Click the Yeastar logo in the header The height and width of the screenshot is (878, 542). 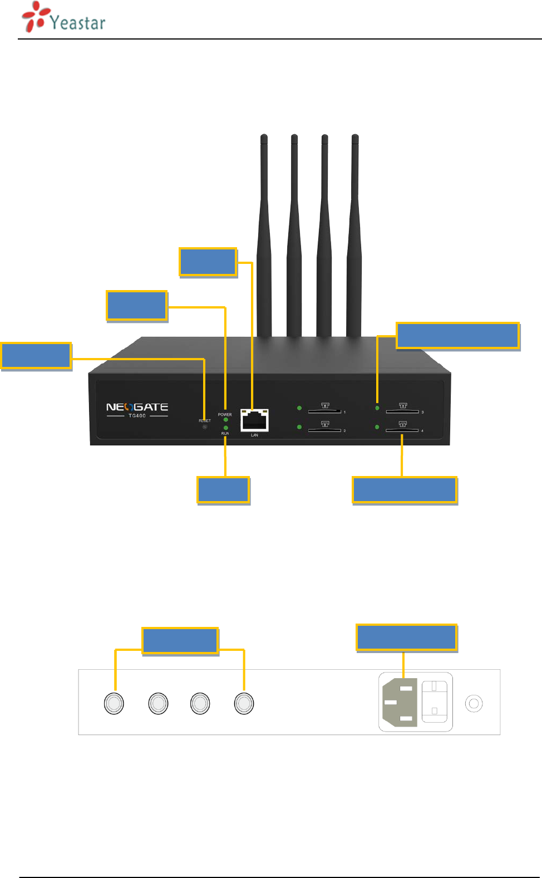point(63,18)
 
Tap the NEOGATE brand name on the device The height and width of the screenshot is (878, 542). point(137,407)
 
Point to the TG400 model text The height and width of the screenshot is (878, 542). point(137,416)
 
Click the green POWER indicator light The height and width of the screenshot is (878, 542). point(225,420)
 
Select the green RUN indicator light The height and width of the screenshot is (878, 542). point(225,428)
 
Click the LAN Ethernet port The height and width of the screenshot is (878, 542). point(254,420)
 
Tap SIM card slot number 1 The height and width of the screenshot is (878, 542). point(324,411)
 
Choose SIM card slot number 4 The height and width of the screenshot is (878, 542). point(402,430)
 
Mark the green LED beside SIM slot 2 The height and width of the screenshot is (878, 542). point(299,427)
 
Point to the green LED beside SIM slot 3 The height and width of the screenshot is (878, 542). point(377,408)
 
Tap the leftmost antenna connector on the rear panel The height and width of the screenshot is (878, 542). point(114,703)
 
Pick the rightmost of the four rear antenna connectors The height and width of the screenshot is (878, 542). point(244,703)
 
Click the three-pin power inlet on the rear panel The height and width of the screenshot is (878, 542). point(400,703)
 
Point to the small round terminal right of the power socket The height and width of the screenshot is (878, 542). point(474,703)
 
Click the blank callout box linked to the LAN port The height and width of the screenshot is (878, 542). point(208,262)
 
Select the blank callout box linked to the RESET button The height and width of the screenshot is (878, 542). point(36,356)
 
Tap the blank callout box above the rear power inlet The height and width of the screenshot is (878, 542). point(406,637)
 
